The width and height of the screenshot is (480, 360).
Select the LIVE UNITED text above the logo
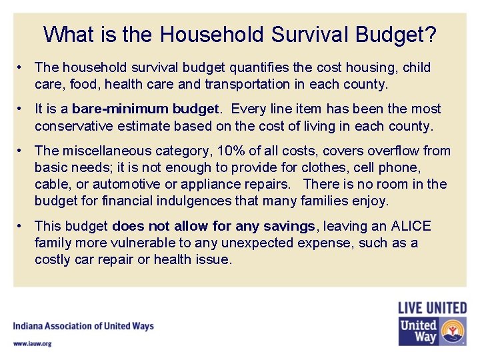[432, 308]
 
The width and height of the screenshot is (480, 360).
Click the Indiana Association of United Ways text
[83, 326]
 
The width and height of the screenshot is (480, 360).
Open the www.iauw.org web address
[32, 343]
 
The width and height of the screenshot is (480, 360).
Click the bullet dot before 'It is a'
[22, 109]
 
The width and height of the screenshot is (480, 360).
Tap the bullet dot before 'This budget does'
[22, 226]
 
